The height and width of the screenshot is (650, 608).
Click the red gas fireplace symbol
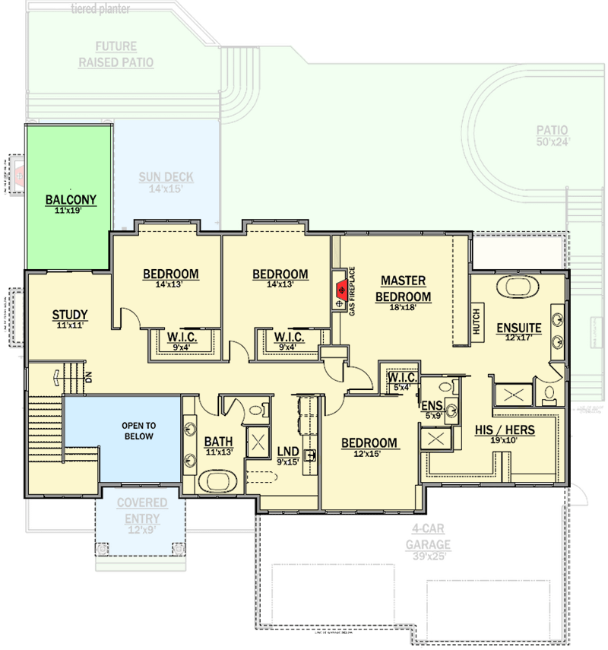tap(342, 290)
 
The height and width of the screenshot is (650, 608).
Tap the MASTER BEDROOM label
tap(403, 289)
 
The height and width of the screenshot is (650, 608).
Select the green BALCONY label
tap(71, 201)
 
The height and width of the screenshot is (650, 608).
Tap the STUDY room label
tap(70, 315)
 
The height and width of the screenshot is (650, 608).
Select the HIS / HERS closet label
tap(505, 430)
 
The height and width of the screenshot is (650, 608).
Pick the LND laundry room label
tap(287, 452)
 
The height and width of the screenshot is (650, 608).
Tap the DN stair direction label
tap(88, 376)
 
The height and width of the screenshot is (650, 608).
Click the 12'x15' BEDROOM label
tap(369, 443)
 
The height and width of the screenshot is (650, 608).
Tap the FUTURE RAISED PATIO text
tap(116, 55)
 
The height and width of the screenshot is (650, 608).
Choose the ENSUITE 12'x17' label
tap(519, 328)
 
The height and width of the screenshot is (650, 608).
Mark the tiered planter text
tap(100, 9)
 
